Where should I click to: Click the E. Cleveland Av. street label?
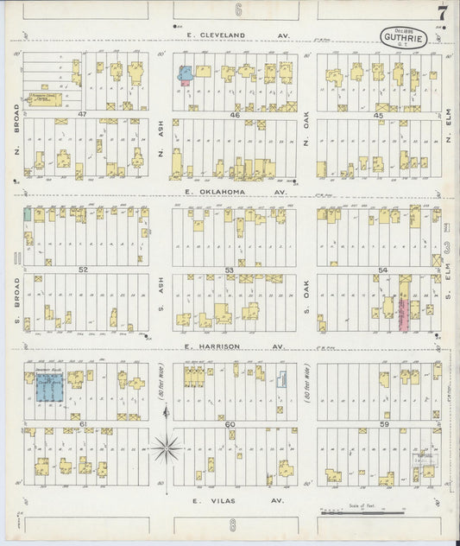point(229,35)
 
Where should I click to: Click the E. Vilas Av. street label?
point(226,499)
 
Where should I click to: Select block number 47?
point(83,114)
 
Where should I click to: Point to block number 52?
point(83,270)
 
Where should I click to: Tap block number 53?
point(230,270)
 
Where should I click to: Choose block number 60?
point(230,424)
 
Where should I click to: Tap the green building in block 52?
point(28,213)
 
